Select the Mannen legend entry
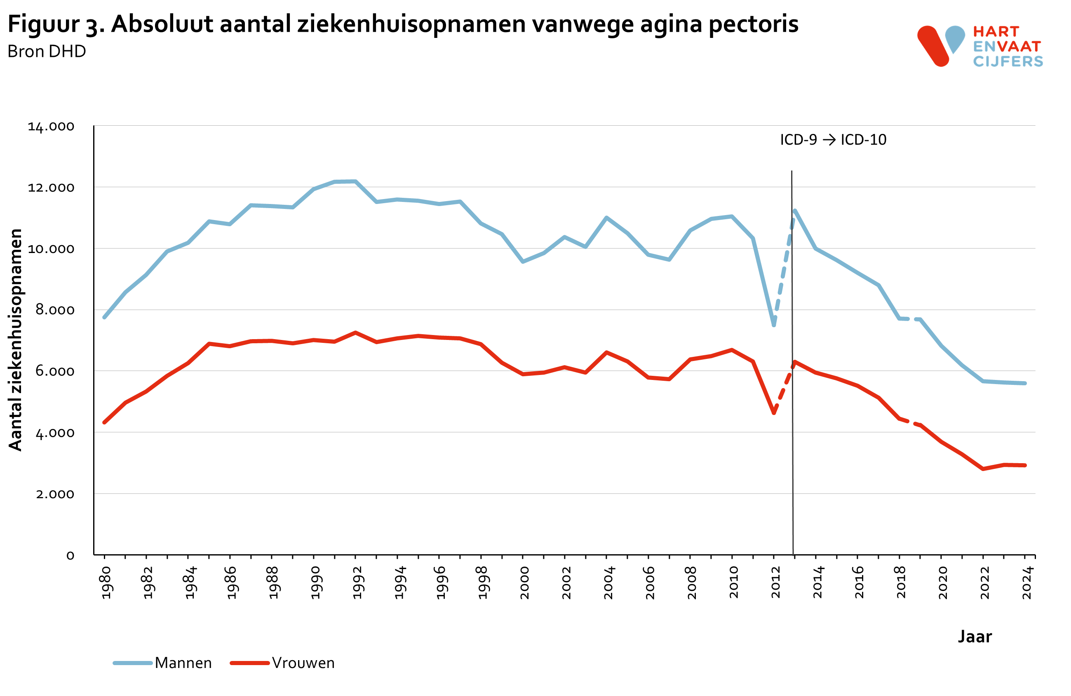click(162, 663)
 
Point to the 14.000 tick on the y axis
click(51, 127)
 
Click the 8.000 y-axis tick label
click(55, 310)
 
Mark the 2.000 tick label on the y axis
click(55, 494)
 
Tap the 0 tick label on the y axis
click(70, 555)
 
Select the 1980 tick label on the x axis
click(106, 583)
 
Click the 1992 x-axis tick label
click(357, 583)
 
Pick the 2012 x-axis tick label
click(775, 583)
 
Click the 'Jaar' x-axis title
click(975, 637)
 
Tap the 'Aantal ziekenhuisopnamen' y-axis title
click(16, 340)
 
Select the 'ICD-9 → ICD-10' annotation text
click(833, 140)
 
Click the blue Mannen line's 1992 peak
click(355, 181)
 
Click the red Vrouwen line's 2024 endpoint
click(1025, 465)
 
